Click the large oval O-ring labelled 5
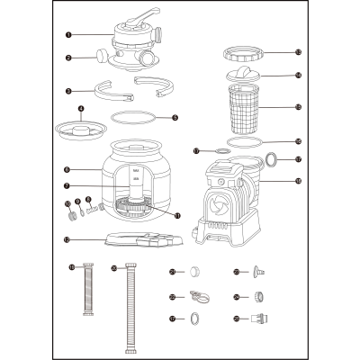click(x=133, y=117)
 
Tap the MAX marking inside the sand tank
click(x=134, y=169)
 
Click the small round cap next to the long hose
click(x=193, y=271)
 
